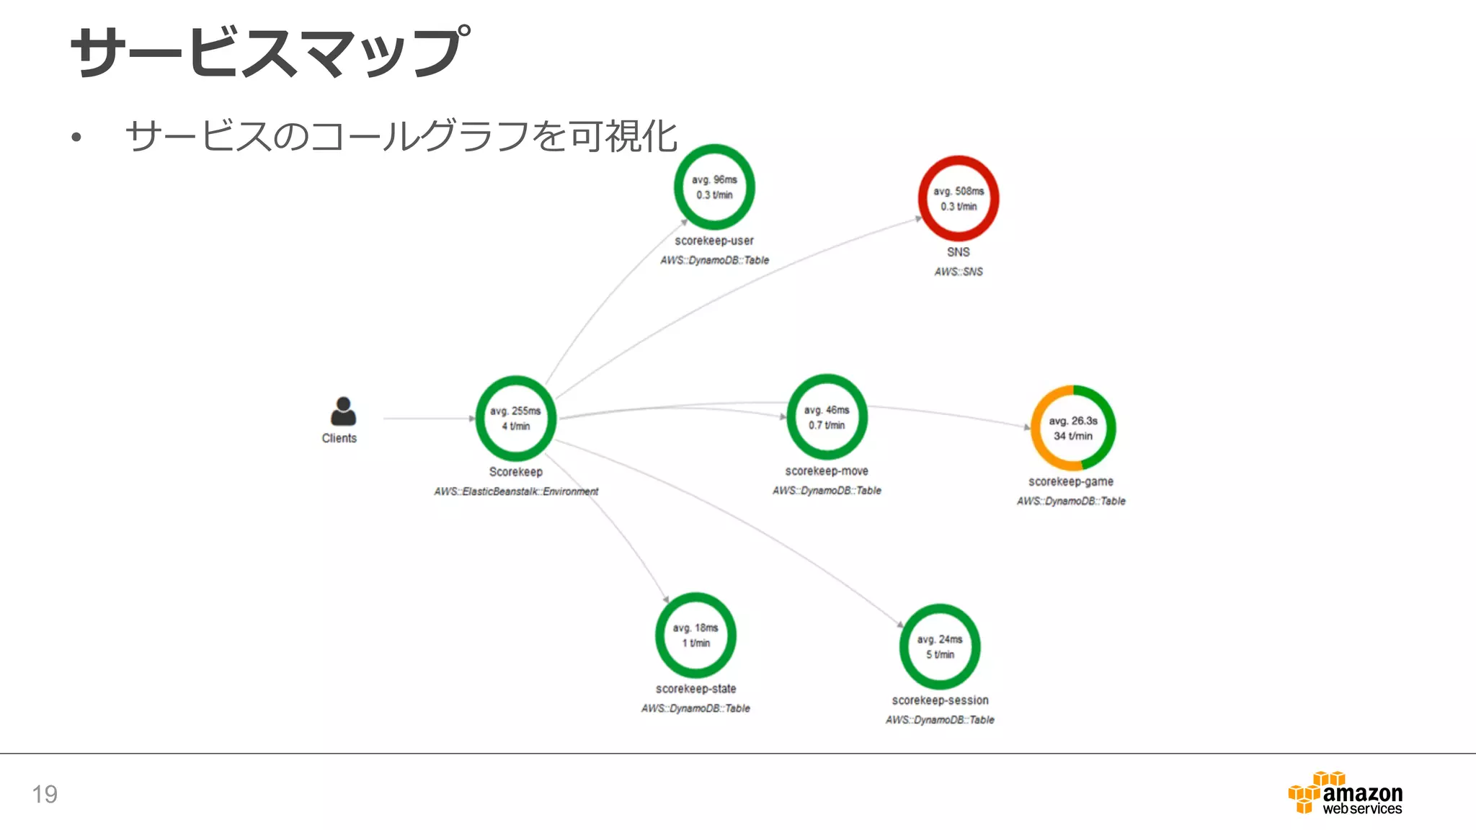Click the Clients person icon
[343, 411]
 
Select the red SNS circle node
[958, 199]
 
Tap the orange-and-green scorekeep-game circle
[1073, 428]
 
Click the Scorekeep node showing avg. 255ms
[515, 418]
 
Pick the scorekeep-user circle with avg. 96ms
[714, 187]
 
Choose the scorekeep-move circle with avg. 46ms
[827, 417]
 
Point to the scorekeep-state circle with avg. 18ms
[695, 635]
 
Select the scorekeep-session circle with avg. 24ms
[940, 647]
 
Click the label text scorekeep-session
[940, 700]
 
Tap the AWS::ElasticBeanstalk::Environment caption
[516, 491]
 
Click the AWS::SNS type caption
[958, 272]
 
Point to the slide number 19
[45, 794]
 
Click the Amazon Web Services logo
[1345, 793]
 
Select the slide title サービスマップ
[271, 52]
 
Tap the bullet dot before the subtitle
[76, 137]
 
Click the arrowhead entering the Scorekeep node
[472, 418]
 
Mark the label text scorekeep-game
[1070, 481]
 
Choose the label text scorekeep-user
[713, 241]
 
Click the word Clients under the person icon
[339, 438]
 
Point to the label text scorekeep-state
[695, 689]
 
